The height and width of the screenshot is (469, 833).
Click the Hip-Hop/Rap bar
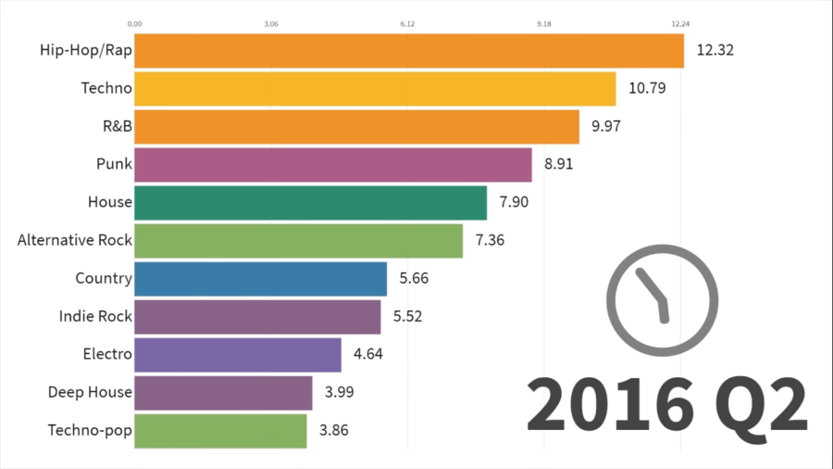pos(409,51)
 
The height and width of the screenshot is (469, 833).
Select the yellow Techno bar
pos(375,89)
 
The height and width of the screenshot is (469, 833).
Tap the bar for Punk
pos(333,165)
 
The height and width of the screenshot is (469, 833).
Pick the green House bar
pos(310,202)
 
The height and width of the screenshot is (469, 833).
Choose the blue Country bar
pos(260,278)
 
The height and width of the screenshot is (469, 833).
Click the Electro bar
pos(238,354)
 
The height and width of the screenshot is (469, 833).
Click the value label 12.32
pos(715,51)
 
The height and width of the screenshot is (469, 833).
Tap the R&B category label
pos(115,127)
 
